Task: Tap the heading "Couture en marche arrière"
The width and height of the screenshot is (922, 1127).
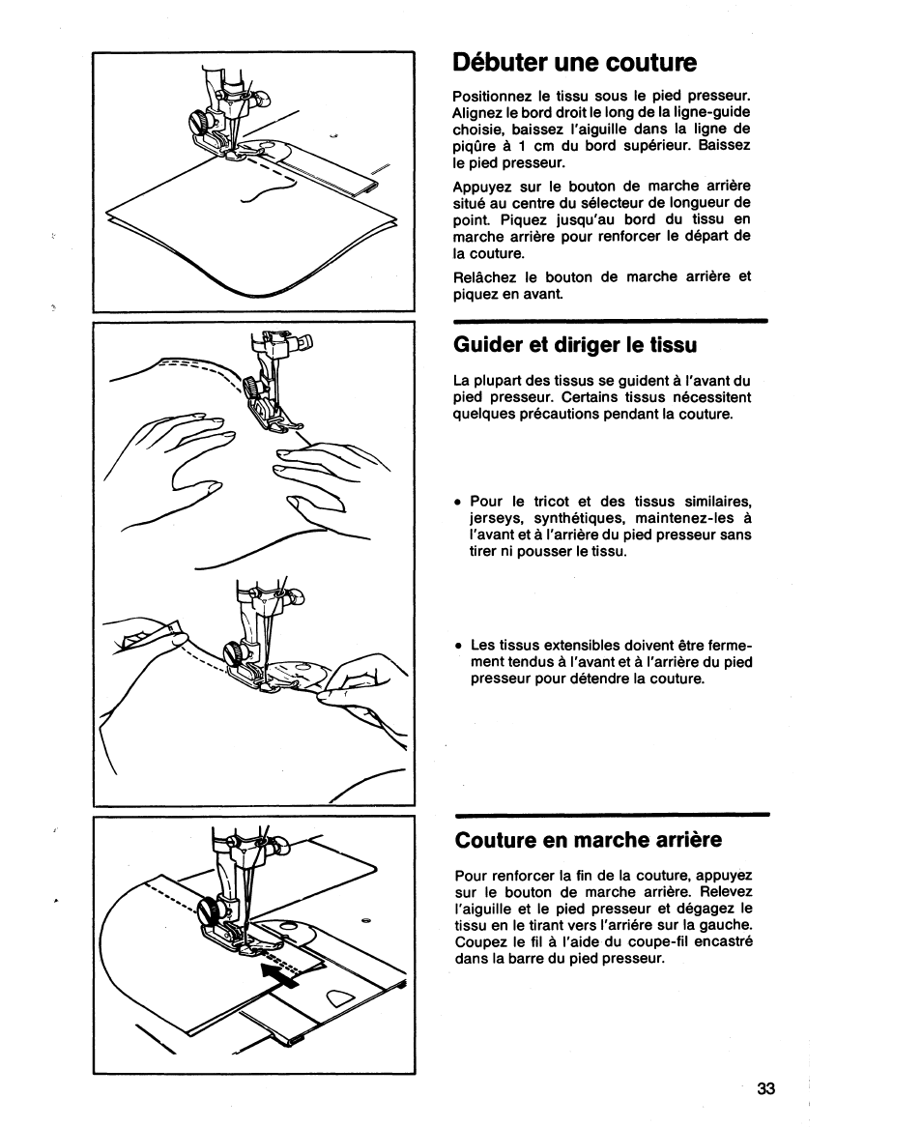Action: pos(589,840)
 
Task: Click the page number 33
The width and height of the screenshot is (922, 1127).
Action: pos(766,1088)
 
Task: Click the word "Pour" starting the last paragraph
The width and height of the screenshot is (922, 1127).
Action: pos(469,874)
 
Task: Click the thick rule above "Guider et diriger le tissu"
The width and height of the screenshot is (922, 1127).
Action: pos(610,319)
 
